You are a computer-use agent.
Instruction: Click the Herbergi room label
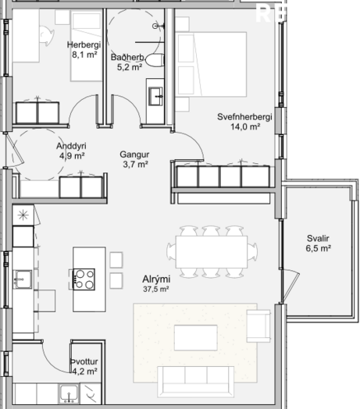(x=84, y=44)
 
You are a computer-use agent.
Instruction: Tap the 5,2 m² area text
(x=130, y=67)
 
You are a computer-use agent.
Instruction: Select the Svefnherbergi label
(x=244, y=117)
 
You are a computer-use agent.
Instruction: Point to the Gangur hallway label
(x=134, y=155)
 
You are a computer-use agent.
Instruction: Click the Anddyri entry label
(x=71, y=146)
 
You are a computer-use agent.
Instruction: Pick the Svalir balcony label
(x=318, y=238)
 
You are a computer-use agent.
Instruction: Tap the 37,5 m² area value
(x=156, y=289)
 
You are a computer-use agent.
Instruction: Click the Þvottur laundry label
(x=84, y=361)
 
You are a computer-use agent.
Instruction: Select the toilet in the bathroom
(x=155, y=61)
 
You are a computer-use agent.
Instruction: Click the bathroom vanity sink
(x=155, y=96)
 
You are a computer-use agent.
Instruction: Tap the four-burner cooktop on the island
(x=84, y=279)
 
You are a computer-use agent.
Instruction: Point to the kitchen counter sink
(x=23, y=279)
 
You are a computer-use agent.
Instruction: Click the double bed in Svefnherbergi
(x=211, y=64)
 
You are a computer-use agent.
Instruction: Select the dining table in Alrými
(x=212, y=252)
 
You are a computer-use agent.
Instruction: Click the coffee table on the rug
(x=196, y=337)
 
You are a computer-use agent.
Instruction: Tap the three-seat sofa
(x=196, y=382)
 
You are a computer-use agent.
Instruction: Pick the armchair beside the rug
(x=258, y=326)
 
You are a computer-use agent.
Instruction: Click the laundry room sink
(x=69, y=394)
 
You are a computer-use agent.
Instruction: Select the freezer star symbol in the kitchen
(x=23, y=215)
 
